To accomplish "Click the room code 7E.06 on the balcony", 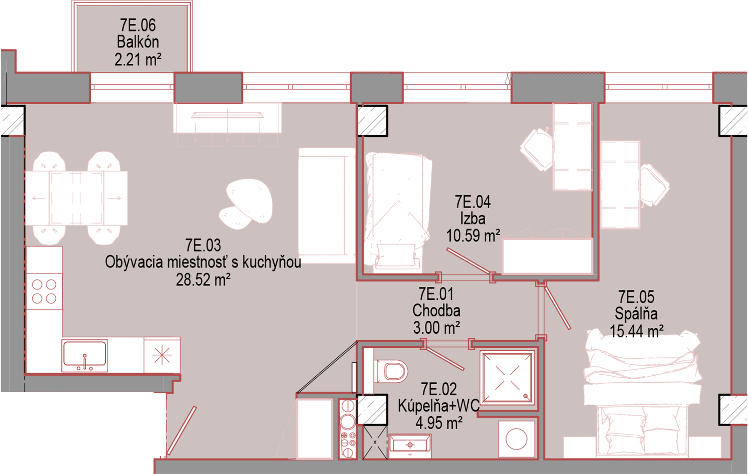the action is [138, 25].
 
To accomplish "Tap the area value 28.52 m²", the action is [203, 279].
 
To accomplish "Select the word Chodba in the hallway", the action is [436, 311].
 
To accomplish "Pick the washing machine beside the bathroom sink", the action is [516, 439].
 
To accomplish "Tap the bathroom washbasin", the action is [410, 445].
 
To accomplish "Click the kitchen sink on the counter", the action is [85, 355].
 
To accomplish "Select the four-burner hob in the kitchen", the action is [44, 291].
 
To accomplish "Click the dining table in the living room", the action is [76, 198].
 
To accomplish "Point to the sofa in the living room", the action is [327, 206].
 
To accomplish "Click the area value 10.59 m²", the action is [473, 236].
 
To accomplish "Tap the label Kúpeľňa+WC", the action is [439, 406].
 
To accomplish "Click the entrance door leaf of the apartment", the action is [181, 431].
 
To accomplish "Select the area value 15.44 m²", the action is [636, 331].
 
